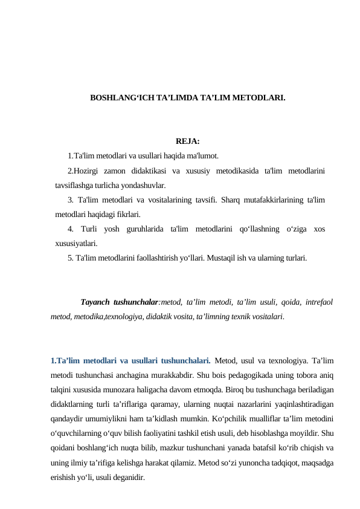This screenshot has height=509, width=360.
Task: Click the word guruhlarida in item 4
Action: pyautogui.click(x=144, y=229)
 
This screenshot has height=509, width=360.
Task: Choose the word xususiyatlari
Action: pyautogui.click(x=77, y=244)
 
